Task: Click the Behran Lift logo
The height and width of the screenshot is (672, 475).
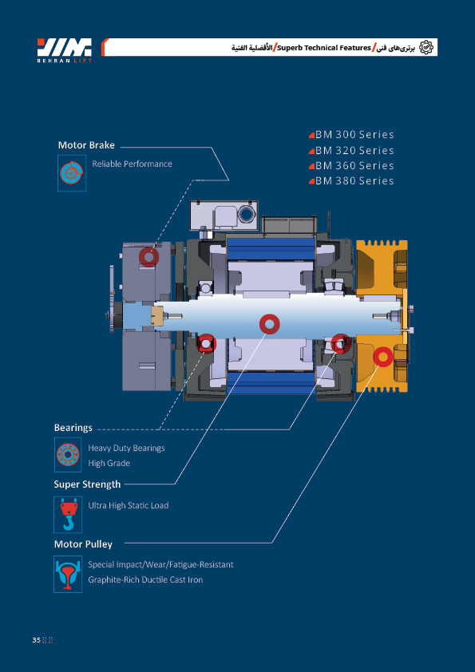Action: [x=65, y=49]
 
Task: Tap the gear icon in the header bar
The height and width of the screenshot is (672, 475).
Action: [x=426, y=47]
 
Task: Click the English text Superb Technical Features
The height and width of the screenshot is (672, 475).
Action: [x=324, y=48]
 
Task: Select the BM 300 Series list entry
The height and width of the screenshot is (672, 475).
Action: [x=351, y=135]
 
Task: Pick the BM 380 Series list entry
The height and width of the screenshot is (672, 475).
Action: [x=351, y=181]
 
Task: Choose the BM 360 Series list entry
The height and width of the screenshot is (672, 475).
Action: [x=351, y=166]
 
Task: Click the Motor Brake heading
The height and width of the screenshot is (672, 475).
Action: [x=86, y=145]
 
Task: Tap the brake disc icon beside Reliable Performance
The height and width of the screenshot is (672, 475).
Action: [x=72, y=173]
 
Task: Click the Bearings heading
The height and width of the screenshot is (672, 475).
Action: [x=73, y=427]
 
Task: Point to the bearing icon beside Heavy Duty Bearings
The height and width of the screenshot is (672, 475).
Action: [x=68, y=455]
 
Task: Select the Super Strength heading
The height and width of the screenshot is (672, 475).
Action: [x=87, y=484]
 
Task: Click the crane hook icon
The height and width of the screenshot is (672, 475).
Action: [x=68, y=515]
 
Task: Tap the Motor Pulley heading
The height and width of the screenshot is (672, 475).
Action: [x=83, y=544]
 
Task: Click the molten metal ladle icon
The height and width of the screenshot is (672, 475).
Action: [x=68, y=575]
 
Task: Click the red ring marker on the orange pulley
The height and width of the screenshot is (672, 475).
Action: [x=382, y=356]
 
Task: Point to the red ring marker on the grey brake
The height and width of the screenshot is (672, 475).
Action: [x=148, y=257]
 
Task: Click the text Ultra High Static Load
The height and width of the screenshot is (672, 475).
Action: [x=129, y=505]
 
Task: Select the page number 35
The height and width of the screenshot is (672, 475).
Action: [x=36, y=640]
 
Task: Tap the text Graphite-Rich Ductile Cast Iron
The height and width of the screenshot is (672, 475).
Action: [x=145, y=579]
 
